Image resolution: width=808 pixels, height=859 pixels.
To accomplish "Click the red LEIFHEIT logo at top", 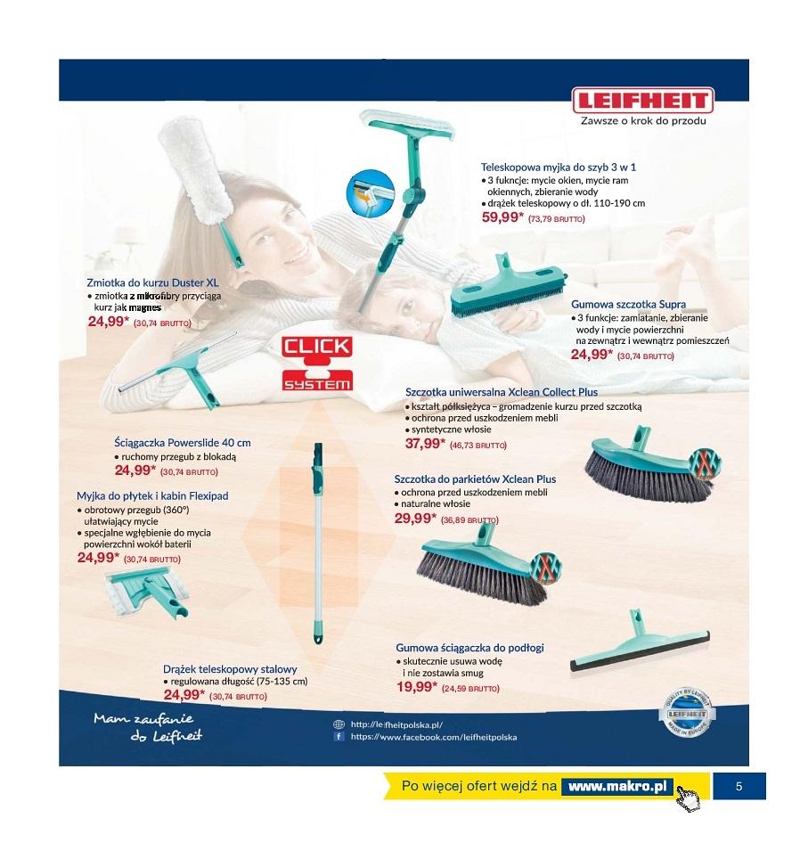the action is point(642,101).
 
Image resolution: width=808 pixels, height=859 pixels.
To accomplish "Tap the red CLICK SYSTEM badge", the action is point(317,364).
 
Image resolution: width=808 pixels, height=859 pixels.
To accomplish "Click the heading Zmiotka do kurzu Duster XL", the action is point(152,282).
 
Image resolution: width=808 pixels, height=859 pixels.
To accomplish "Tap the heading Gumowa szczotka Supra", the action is point(628,304).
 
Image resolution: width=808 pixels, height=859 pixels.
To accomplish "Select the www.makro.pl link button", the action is point(617,787).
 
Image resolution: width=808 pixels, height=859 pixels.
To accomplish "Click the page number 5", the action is point(739,787).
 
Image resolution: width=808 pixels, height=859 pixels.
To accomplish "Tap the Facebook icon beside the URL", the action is point(339,737).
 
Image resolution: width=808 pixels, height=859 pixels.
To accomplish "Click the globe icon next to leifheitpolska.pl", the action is point(339,724).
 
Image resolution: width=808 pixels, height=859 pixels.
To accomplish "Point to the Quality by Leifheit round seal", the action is point(687,712).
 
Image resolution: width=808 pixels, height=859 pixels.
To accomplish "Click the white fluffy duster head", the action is point(192,171).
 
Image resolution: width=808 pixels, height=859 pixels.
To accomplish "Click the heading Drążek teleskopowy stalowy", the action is point(230,669).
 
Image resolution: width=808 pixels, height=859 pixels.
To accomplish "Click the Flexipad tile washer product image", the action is point(147,592).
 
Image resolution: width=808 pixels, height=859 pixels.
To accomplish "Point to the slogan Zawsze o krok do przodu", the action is point(643,121).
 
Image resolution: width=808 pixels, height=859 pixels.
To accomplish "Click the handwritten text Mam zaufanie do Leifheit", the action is point(147,727).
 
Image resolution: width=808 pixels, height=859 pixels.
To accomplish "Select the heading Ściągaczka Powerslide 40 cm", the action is point(183,443).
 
